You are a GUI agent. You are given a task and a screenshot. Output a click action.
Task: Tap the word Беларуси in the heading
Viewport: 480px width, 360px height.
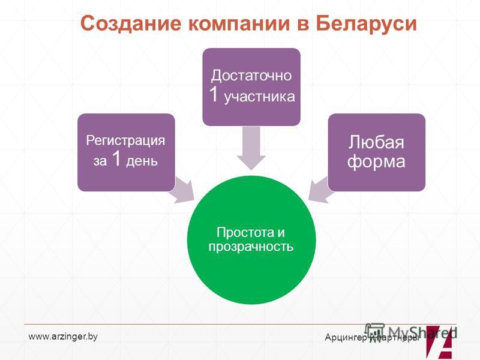click(x=367, y=23)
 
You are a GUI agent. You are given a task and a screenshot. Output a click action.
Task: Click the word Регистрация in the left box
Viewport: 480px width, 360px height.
click(x=125, y=140)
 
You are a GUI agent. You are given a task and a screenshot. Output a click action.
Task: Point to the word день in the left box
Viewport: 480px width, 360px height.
click(x=142, y=161)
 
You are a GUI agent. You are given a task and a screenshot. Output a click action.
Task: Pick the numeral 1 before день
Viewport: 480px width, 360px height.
click(x=116, y=158)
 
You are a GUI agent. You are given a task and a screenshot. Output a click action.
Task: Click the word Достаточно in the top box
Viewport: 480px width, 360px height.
click(x=251, y=76)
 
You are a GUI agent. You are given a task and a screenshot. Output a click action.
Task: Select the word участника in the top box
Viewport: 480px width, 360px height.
click(x=260, y=97)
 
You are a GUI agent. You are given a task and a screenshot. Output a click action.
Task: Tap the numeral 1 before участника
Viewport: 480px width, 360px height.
click(x=214, y=94)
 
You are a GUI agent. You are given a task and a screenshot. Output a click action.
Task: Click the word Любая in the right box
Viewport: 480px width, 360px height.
click(x=376, y=142)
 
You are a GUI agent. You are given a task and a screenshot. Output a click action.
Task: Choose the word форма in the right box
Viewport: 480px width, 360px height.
click(x=376, y=161)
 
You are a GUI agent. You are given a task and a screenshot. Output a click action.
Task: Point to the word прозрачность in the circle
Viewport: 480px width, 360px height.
click(x=251, y=247)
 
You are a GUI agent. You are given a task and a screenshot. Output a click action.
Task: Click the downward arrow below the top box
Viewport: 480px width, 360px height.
click(x=251, y=148)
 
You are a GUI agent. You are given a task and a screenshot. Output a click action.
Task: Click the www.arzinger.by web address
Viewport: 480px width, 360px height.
click(x=63, y=337)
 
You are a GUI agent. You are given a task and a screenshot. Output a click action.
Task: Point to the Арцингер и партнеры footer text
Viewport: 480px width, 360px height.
click(x=372, y=338)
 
